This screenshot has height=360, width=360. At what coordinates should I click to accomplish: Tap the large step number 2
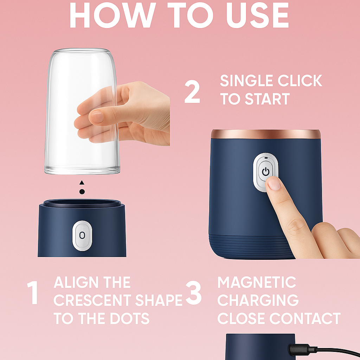(x=192, y=92)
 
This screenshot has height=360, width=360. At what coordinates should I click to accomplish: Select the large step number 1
(x=33, y=292)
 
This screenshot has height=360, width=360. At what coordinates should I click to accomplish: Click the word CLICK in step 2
(x=300, y=81)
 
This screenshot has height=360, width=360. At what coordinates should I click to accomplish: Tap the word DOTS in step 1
(x=130, y=319)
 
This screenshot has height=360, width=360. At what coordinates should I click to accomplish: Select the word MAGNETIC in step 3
(x=257, y=282)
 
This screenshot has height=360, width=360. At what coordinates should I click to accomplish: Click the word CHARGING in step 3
(x=258, y=300)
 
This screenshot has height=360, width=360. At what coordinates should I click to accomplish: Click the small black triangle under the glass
(x=82, y=182)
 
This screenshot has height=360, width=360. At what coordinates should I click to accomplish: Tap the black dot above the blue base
(x=82, y=192)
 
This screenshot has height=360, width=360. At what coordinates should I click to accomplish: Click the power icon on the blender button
(x=265, y=172)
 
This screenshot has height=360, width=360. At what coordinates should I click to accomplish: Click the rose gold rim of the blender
(x=266, y=134)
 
